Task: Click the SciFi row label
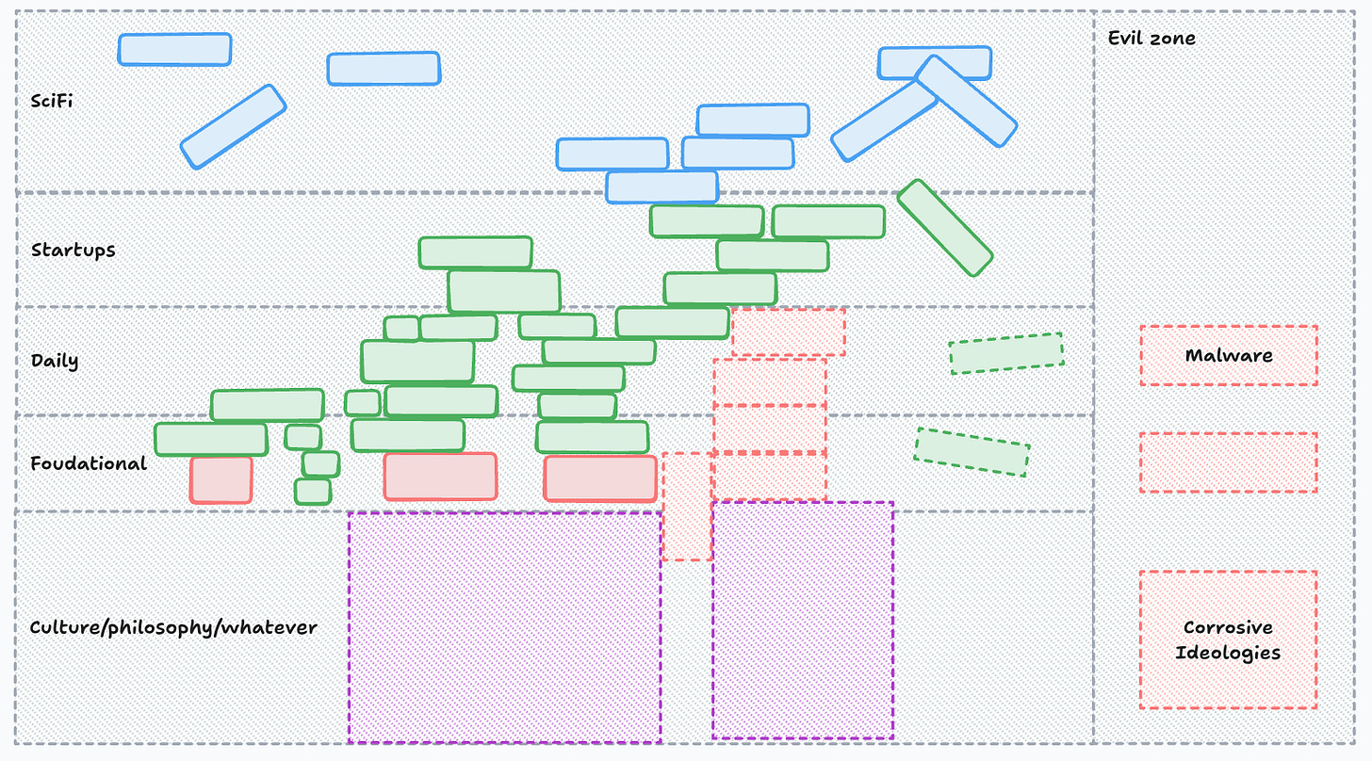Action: [x=52, y=101]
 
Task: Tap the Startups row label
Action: [x=73, y=251]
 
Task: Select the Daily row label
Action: [x=55, y=361]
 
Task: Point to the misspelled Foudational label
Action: [x=89, y=463]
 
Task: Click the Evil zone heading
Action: [x=1151, y=39]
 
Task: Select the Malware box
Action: [x=1228, y=356]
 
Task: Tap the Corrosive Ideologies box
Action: [x=1228, y=640]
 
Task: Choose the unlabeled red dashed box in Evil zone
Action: [x=1228, y=462]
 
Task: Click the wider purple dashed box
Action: [x=504, y=627]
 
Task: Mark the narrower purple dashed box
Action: [x=802, y=621]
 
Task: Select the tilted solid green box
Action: [x=944, y=228]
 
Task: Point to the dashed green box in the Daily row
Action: [x=1005, y=353]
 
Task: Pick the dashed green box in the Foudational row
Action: [x=972, y=452]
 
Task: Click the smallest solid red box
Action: [x=221, y=479]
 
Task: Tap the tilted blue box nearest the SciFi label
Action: [x=233, y=127]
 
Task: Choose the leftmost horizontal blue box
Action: [x=174, y=50]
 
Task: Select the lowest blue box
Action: [x=661, y=187]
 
